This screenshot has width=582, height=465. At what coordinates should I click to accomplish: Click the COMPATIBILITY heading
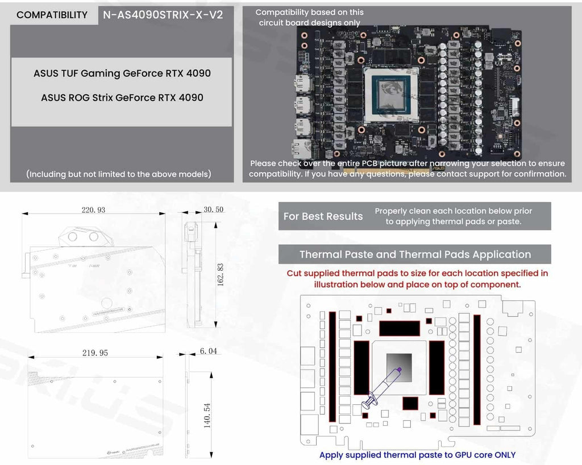click(52, 15)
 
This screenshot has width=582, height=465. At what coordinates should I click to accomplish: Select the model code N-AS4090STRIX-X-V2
click(163, 15)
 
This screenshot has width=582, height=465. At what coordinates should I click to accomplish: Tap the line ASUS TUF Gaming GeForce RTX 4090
click(122, 73)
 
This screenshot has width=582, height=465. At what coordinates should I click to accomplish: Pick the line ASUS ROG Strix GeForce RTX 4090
click(122, 98)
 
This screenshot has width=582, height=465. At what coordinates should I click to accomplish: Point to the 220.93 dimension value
click(93, 210)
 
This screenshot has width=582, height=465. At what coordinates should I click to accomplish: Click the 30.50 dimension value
click(213, 210)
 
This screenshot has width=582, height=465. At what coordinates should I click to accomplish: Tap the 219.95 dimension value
click(95, 353)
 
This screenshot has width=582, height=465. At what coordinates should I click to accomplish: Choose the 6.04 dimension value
click(208, 351)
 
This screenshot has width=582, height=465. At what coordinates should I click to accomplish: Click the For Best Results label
click(323, 216)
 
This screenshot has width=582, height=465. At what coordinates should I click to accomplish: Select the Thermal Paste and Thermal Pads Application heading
click(415, 254)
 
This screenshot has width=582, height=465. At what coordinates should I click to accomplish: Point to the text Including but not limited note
click(119, 174)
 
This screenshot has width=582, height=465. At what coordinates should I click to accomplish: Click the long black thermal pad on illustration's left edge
click(332, 366)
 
